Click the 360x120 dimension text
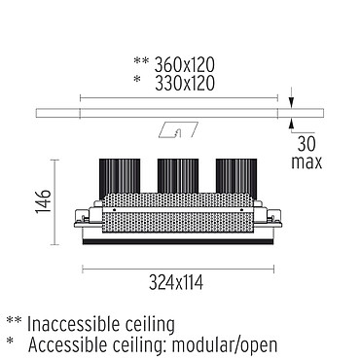pyautogui.click(x=184, y=65)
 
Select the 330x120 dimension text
pyautogui.click(x=184, y=83)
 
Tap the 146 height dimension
pyautogui.click(x=43, y=201)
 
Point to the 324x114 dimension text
pyautogui.click(x=176, y=282)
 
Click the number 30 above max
pyautogui.click(x=306, y=144)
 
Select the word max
pyautogui.click(x=306, y=162)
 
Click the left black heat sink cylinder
pyautogui.click(x=120, y=178)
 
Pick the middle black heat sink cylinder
pyautogui.click(x=178, y=176)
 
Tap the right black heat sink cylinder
pyautogui.click(x=236, y=178)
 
